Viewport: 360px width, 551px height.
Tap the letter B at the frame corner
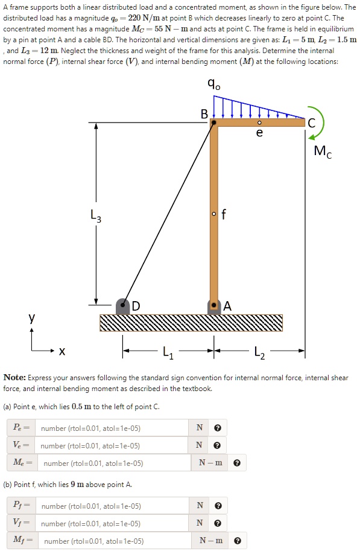tap(204, 114)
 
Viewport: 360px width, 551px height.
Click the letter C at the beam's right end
tap(311, 123)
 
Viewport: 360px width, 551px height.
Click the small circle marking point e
tap(259, 123)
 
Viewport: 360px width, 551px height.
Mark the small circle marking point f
tap(213, 213)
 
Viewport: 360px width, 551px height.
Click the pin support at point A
tap(213, 306)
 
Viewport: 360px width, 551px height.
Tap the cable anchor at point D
tap(123, 306)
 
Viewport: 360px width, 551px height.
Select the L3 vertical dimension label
tap(96, 215)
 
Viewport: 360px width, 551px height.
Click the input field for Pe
tap(111, 428)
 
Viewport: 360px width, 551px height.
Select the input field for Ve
tap(111, 446)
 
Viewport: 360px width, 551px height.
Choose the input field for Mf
tap(115, 541)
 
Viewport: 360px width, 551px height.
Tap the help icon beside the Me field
tap(236, 463)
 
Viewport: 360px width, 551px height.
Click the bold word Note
tap(14, 378)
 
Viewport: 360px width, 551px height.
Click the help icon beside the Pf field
tap(218, 506)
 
